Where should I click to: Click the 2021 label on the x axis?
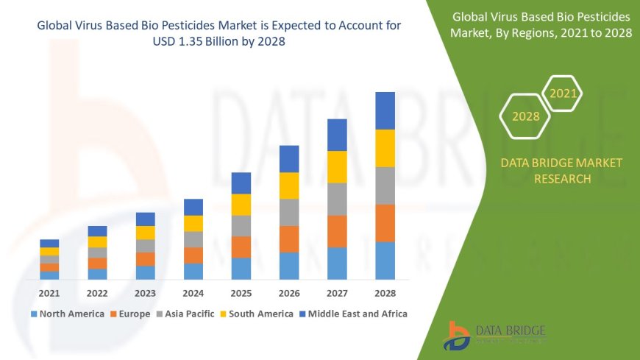pyautogui.click(x=49, y=293)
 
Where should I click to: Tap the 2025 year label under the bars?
pyautogui.click(x=241, y=293)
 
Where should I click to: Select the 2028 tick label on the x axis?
pyautogui.click(x=385, y=293)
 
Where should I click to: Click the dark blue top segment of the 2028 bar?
pyautogui.click(x=385, y=110)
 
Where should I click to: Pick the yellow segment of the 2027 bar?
pyautogui.click(x=337, y=166)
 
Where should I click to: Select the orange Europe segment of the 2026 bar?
pyautogui.click(x=289, y=239)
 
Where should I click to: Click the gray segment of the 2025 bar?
pyautogui.click(x=241, y=225)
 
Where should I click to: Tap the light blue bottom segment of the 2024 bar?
pyautogui.click(x=193, y=271)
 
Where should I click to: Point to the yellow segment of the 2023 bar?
pyautogui.click(x=146, y=233)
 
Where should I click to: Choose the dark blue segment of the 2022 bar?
pyautogui.click(x=97, y=231)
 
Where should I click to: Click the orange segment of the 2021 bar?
pyautogui.click(x=49, y=267)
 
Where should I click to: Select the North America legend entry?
pyautogui.click(x=67, y=314)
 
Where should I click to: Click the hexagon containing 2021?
pyautogui.click(x=563, y=93)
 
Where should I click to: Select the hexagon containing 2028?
pyautogui.click(x=525, y=116)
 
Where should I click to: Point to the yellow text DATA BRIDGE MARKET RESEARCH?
pyautogui.click(x=561, y=170)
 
